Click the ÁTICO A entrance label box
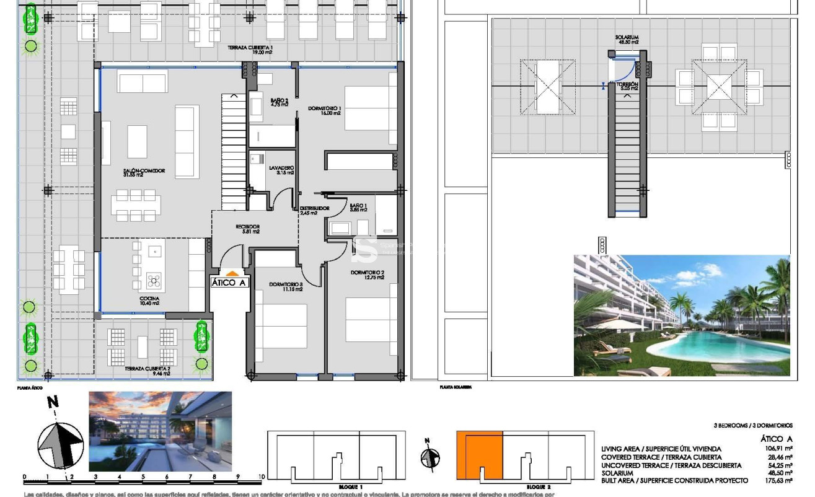point(229,283)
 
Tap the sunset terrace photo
point(160,431)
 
